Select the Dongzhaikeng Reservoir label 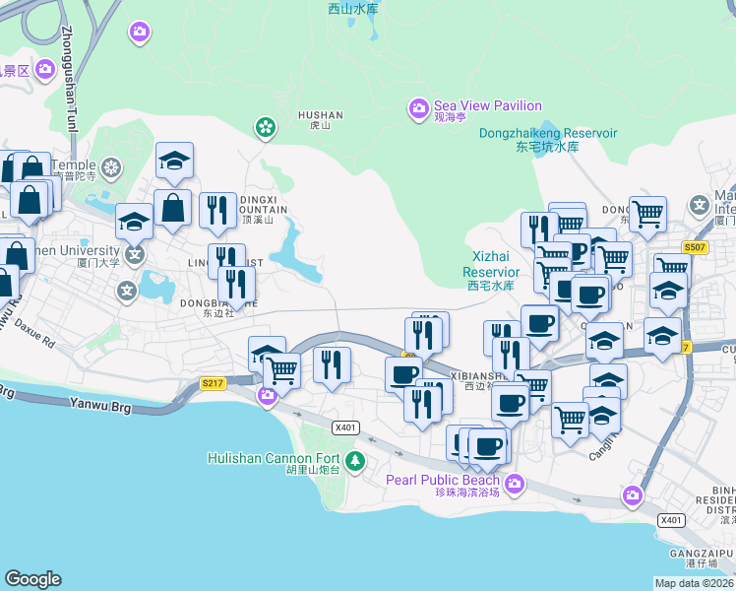point(548,133)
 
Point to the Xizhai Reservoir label point(491,263)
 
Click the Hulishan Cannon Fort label point(274,458)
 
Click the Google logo point(32,579)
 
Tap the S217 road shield point(211,383)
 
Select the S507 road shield point(696,248)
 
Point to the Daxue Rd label point(33,322)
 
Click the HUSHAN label point(320,114)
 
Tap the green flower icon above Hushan point(264,126)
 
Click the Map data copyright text point(695,583)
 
